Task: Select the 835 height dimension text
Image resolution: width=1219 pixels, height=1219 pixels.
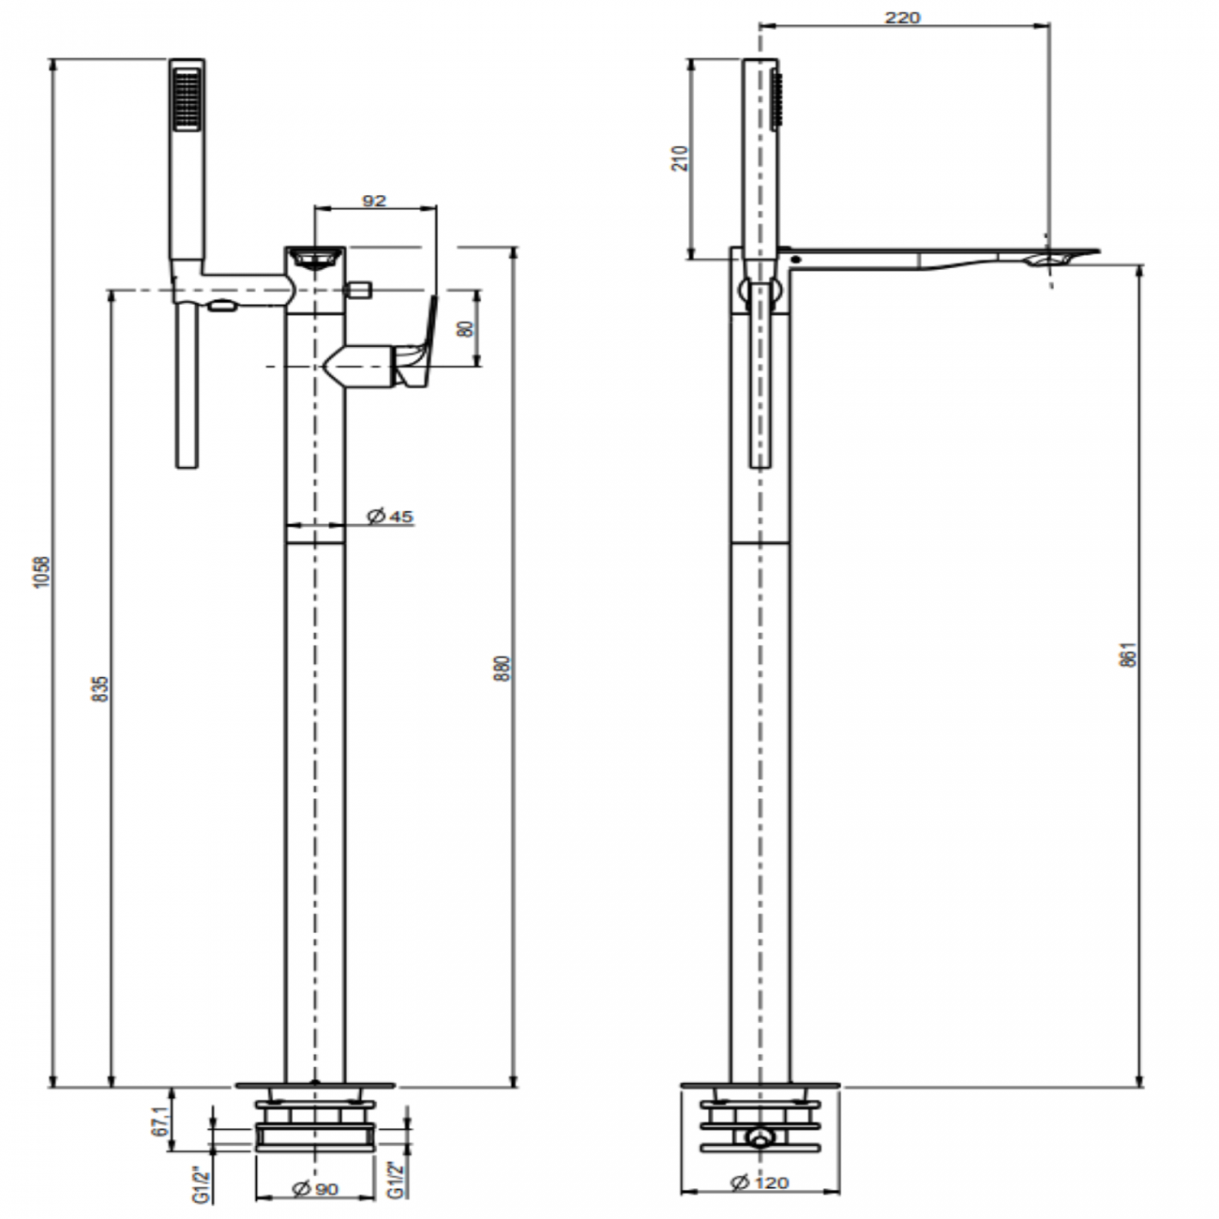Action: pyautogui.click(x=101, y=689)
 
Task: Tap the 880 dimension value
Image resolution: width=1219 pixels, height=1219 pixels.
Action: pyautogui.click(x=503, y=668)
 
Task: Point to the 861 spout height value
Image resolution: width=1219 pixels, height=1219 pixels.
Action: pyautogui.click(x=1129, y=655)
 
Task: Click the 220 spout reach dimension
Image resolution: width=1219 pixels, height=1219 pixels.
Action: pyautogui.click(x=902, y=17)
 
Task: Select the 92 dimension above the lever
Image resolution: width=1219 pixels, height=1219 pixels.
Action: pyautogui.click(x=374, y=200)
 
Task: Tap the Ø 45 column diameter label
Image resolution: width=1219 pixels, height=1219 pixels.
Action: pyautogui.click(x=390, y=516)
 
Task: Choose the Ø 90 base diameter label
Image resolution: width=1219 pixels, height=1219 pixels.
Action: pyautogui.click(x=315, y=1189)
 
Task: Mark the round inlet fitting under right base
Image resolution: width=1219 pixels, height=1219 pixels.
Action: pyautogui.click(x=758, y=1139)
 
